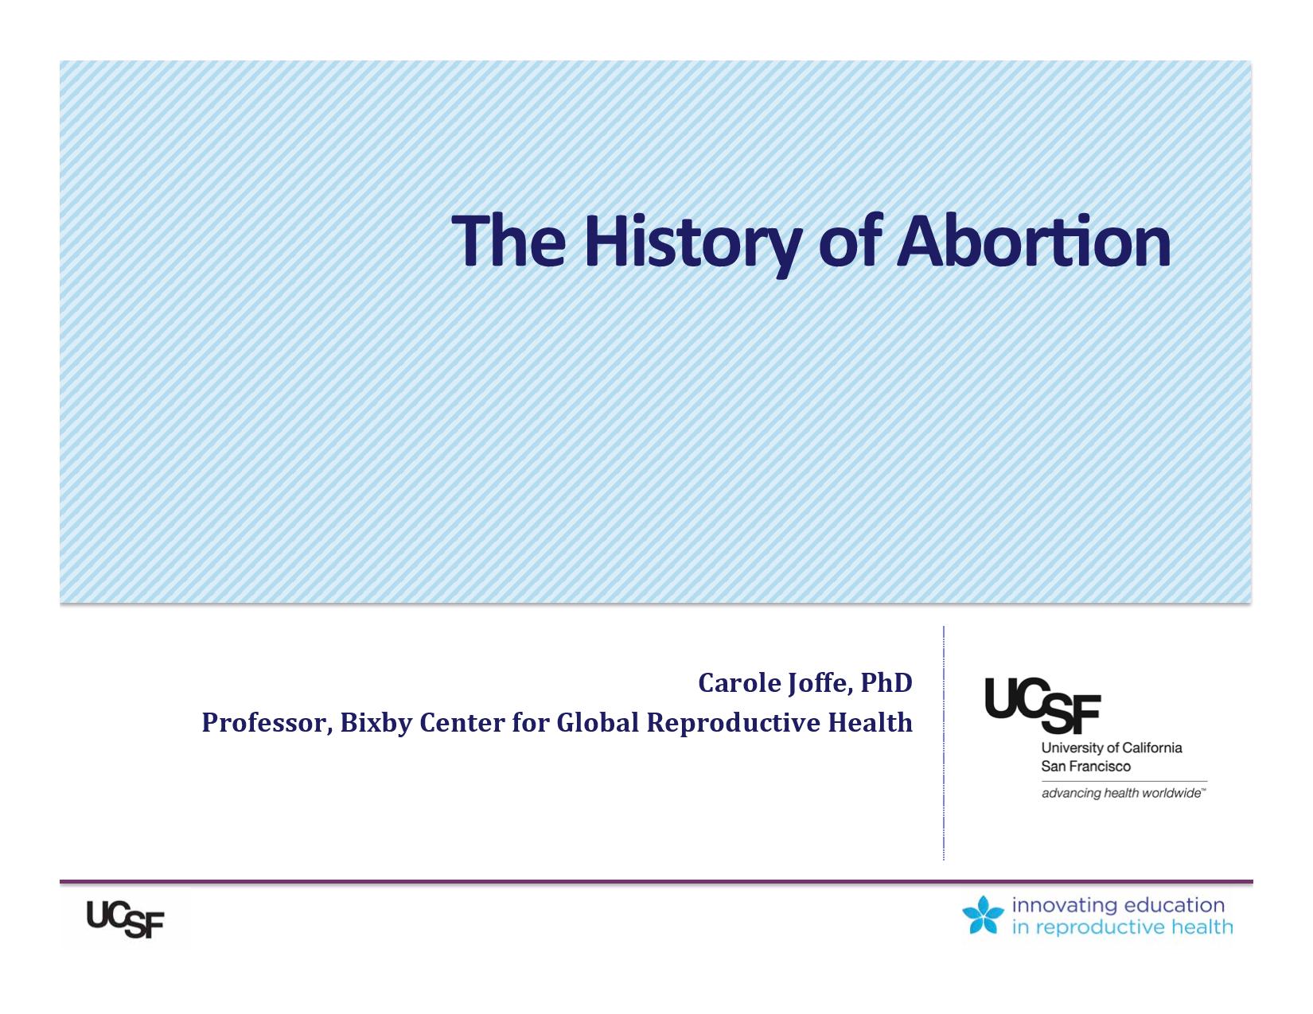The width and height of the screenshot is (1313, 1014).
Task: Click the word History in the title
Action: (692, 243)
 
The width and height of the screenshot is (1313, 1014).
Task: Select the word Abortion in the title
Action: (1034, 241)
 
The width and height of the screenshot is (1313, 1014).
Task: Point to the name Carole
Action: (739, 683)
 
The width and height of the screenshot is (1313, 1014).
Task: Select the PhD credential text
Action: (886, 683)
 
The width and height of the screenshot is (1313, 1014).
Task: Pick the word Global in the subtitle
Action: (597, 722)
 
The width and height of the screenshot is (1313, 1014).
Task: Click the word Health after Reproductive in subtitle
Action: (870, 722)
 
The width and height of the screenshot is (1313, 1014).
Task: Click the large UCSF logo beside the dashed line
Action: (1042, 705)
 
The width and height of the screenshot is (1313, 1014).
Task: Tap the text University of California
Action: (1111, 748)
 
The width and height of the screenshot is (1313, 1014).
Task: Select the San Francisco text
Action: (1085, 767)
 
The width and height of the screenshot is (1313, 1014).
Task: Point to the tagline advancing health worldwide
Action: (1123, 793)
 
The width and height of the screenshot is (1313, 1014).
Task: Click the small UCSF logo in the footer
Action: (125, 919)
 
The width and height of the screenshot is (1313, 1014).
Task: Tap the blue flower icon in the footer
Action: (983, 915)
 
